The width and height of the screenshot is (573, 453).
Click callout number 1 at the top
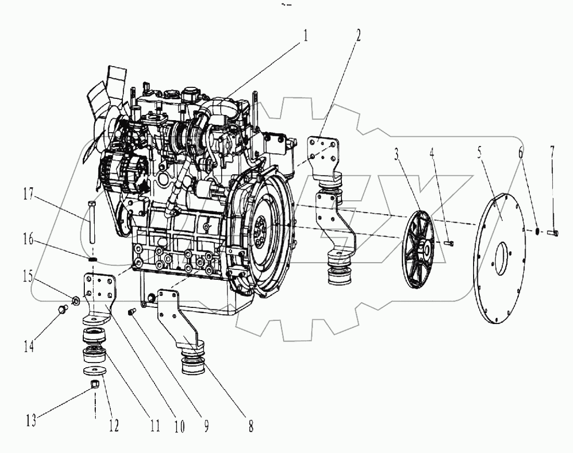click(306, 36)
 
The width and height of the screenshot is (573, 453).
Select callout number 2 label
click(358, 36)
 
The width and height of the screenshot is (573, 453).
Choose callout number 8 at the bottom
click(250, 426)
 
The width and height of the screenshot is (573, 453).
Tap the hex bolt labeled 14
click(61, 310)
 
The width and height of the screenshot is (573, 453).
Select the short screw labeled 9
click(132, 312)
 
